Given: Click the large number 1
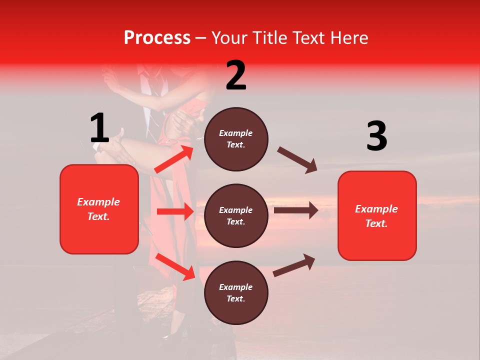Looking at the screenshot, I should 99,128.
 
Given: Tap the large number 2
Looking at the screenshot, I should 236,75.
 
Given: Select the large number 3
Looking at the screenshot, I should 376,136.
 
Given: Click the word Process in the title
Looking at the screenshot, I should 157,37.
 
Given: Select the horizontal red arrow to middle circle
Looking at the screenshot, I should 175,211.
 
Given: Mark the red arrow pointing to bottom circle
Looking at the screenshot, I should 175,266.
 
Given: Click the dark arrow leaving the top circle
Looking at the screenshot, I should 297,159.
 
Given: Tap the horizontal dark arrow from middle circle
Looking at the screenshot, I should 295,210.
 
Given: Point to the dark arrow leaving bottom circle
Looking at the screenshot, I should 294,265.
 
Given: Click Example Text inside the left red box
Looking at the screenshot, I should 98,209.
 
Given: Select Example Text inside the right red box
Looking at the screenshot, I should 376,216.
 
